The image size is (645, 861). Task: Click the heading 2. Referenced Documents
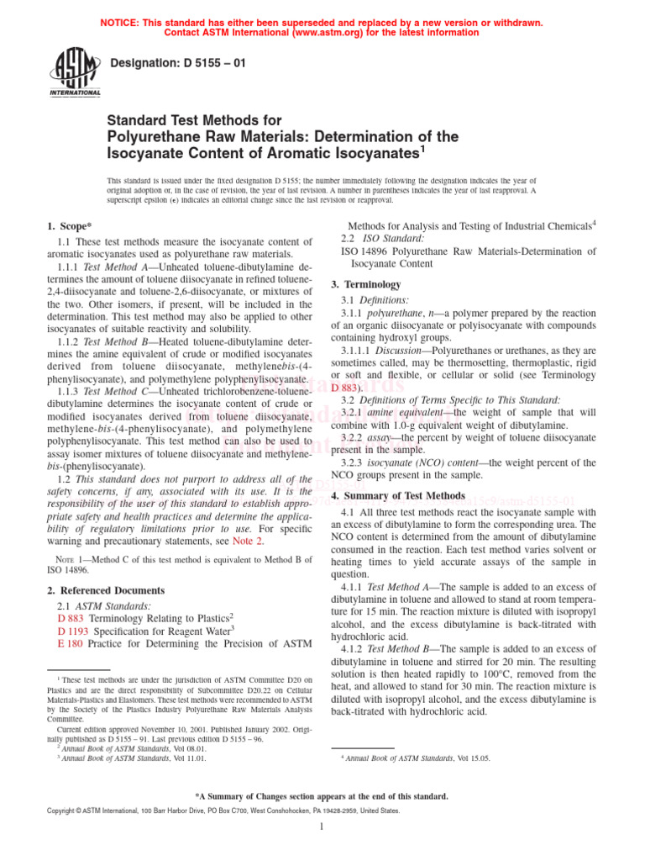(x=106, y=590)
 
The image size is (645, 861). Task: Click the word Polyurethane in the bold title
(x=158, y=136)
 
